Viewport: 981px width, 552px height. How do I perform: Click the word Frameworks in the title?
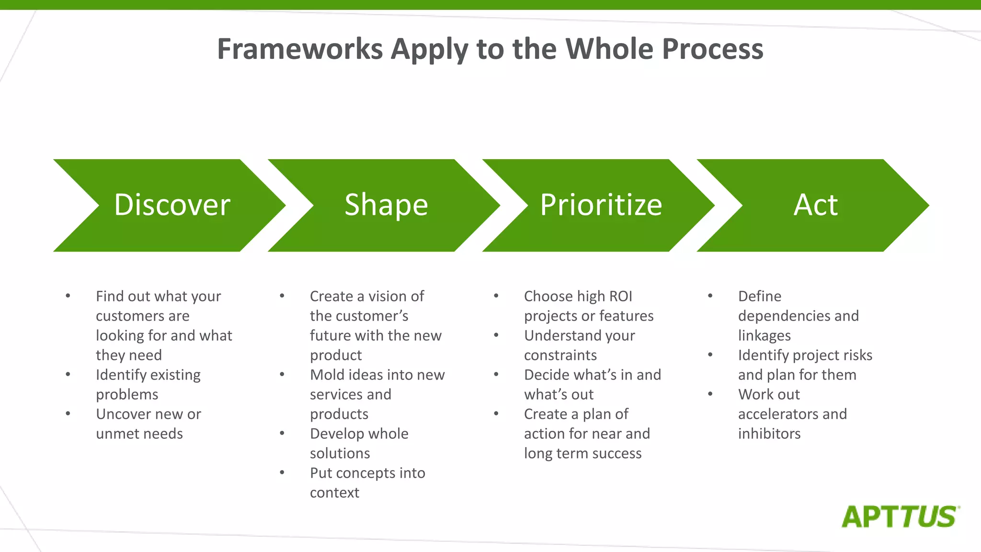(x=300, y=49)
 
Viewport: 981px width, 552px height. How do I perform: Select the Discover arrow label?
(x=172, y=205)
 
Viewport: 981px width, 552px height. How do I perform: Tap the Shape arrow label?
(x=386, y=205)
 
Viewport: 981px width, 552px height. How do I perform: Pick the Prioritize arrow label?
(x=601, y=205)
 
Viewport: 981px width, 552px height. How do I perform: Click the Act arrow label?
(x=815, y=205)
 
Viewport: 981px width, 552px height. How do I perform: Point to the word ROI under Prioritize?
(x=621, y=297)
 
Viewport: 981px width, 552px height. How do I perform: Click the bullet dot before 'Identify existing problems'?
(x=68, y=374)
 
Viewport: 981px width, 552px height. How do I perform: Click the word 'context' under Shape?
(x=334, y=493)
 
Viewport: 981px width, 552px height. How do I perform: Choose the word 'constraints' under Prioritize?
(x=560, y=356)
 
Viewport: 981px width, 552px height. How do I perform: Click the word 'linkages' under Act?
(x=764, y=336)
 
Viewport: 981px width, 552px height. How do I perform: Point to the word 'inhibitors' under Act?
(x=769, y=434)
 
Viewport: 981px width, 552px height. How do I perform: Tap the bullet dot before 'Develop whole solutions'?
(x=282, y=433)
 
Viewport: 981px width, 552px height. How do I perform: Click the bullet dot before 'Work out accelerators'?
(x=710, y=394)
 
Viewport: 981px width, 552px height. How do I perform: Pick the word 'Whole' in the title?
(x=609, y=49)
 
